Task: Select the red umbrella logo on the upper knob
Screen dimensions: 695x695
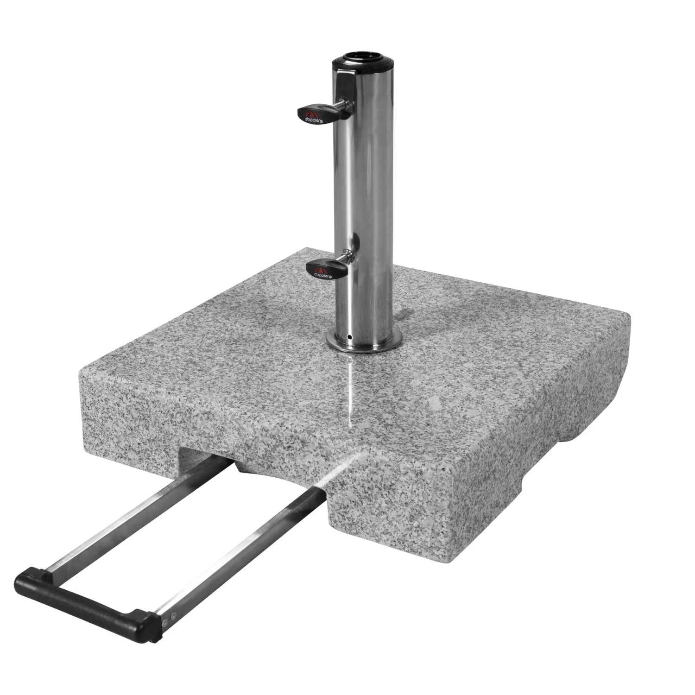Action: (313, 112)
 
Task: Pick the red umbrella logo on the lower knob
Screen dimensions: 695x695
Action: (323, 267)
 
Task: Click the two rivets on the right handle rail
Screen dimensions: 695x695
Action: (170, 616)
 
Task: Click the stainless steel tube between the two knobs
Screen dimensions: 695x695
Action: (366, 185)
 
